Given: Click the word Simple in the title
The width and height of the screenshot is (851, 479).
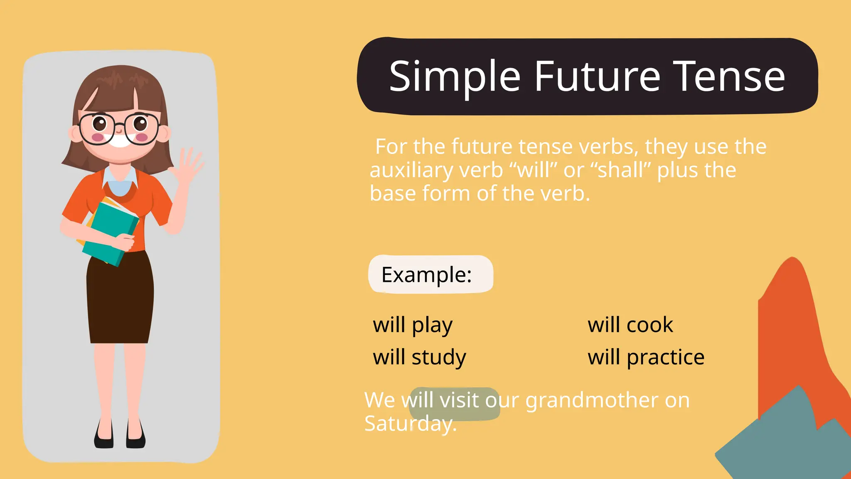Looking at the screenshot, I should [455, 77].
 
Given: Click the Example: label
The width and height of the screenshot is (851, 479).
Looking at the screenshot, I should [427, 275].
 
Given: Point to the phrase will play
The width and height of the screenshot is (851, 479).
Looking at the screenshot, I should [412, 325].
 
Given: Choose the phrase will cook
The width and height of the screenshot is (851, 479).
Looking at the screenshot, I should [630, 325].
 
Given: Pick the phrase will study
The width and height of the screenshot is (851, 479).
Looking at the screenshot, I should [419, 357].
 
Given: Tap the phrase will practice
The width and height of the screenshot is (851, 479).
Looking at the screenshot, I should [646, 357].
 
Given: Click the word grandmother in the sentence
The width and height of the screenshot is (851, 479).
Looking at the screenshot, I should [592, 400].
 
